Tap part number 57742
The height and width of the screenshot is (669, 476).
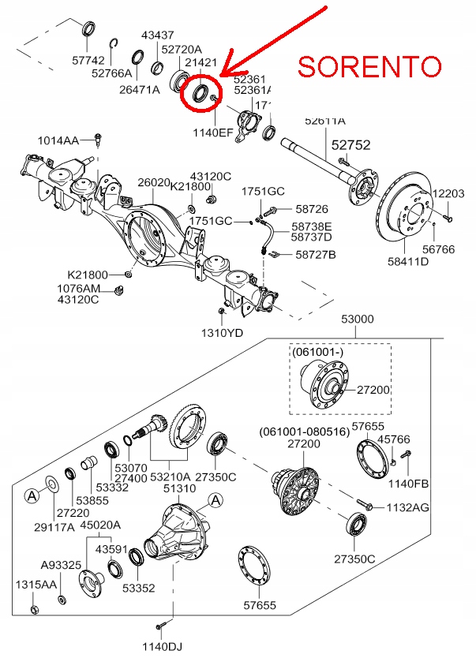click(x=87, y=60)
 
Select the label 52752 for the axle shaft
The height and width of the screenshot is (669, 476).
click(x=350, y=146)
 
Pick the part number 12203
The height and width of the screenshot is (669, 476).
click(x=448, y=193)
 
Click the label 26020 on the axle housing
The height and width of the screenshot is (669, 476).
click(x=153, y=182)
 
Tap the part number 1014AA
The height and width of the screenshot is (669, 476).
click(x=58, y=140)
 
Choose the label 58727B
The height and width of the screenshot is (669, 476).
click(x=316, y=255)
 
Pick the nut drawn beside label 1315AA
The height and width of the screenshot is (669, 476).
click(x=33, y=610)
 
